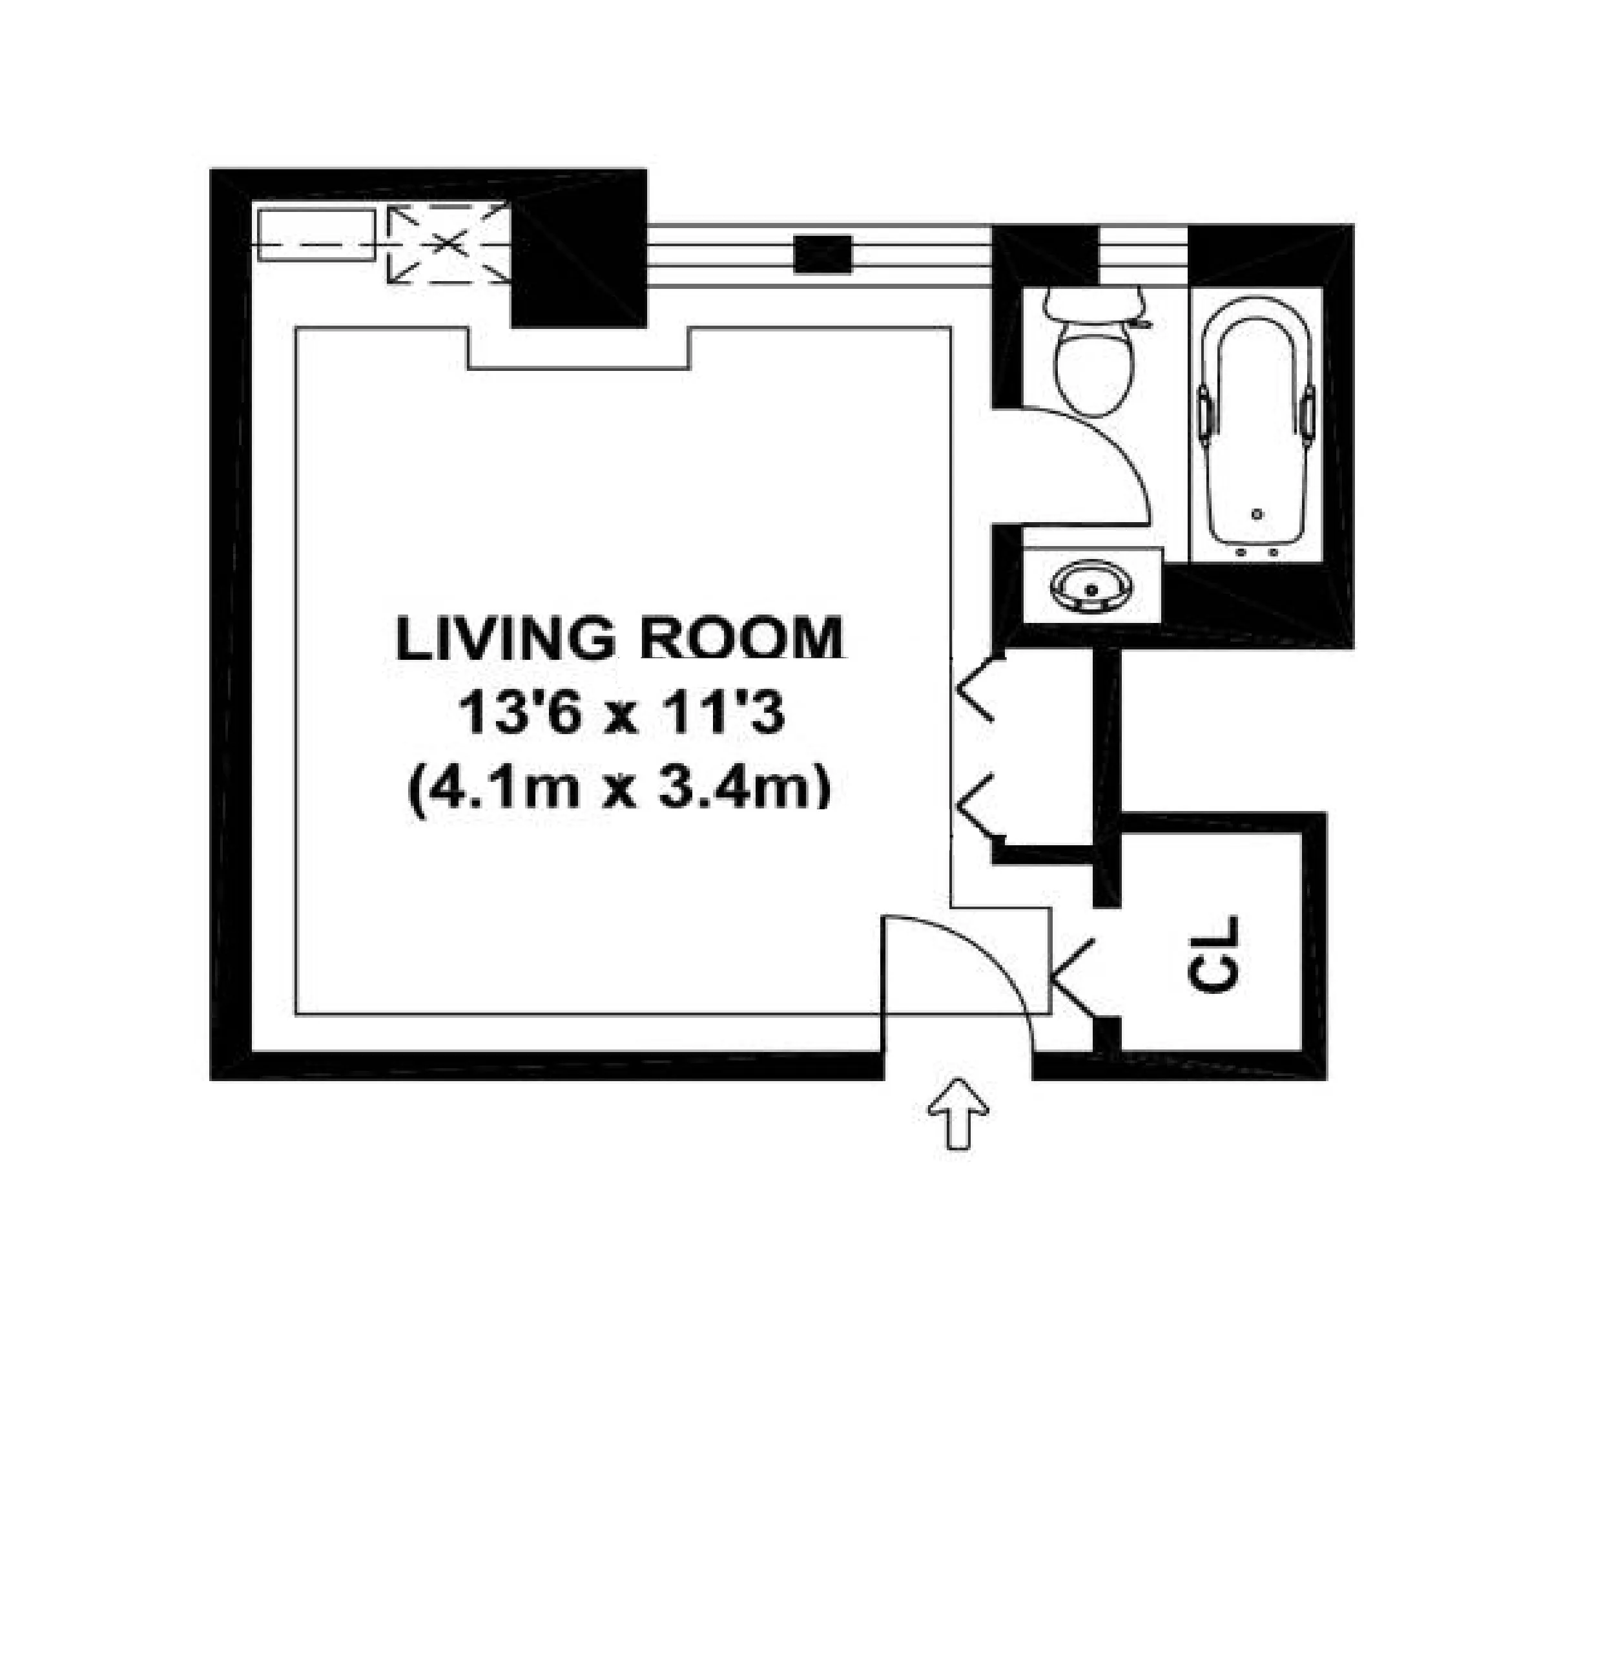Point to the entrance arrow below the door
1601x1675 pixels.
click(958, 1113)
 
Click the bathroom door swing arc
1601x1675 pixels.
click(1110, 444)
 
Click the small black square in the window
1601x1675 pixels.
click(823, 255)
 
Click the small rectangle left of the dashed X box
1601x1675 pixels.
click(316, 234)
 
